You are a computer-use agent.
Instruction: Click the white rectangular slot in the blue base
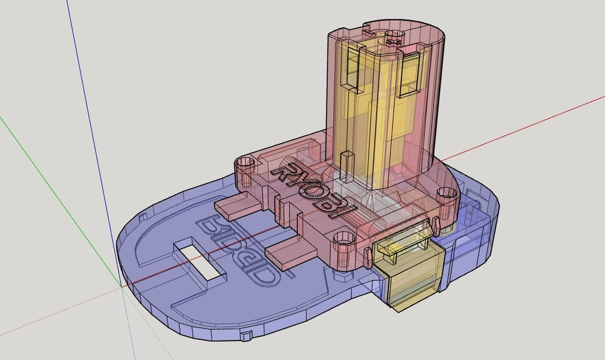pos(200,260)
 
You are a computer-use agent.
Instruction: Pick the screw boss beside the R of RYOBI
pos(246,166)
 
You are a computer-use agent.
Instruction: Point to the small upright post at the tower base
pos(347,164)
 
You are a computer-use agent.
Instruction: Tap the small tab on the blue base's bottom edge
pos(246,336)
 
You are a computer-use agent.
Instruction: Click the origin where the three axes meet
pos(121,287)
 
